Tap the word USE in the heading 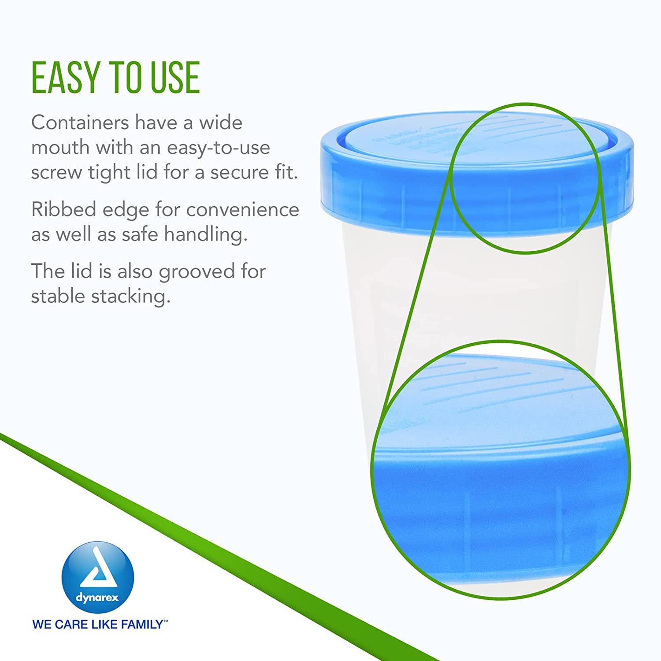tap(175, 78)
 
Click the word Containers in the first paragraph tap(80, 122)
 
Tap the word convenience tap(243, 210)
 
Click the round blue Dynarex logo tap(98, 577)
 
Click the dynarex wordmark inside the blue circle tap(97, 598)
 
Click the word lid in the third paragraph tap(82, 271)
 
